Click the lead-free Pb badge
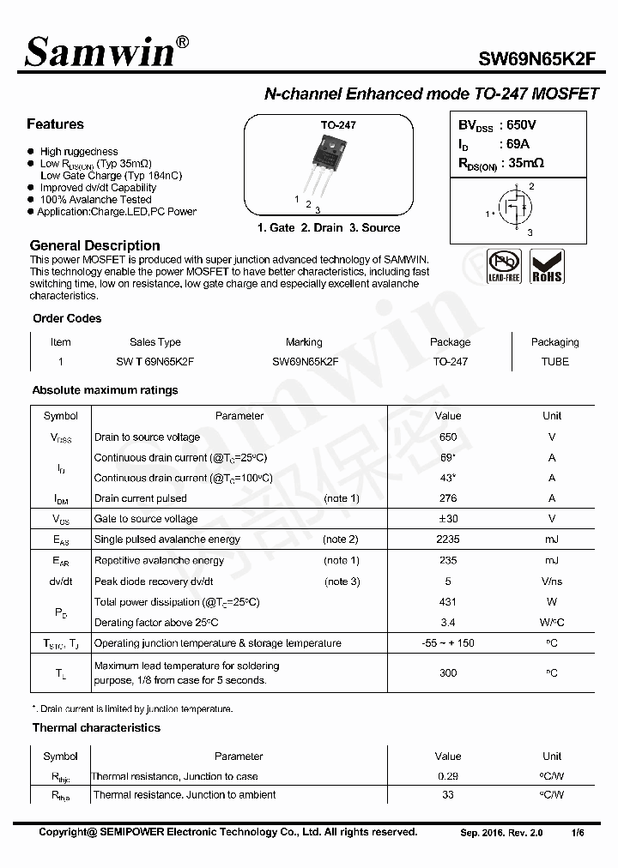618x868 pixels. click(x=504, y=266)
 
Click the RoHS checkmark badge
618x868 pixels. click(x=547, y=266)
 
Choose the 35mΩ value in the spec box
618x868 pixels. click(x=526, y=162)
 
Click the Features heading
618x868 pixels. click(x=55, y=124)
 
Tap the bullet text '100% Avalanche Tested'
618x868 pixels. click(x=95, y=199)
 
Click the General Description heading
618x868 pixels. click(x=94, y=244)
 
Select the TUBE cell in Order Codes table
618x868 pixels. click(x=554, y=361)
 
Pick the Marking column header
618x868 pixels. click(x=304, y=341)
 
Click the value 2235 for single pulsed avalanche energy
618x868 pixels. click(x=448, y=539)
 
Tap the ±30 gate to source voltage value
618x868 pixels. click(x=448, y=519)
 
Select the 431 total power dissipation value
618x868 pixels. click(x=448, y=602)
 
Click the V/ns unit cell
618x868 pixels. click(x=552, y=582)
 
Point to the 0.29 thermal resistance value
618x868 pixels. click(x=448, y=776)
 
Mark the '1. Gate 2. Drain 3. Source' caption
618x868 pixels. click(x=329, y=228)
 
